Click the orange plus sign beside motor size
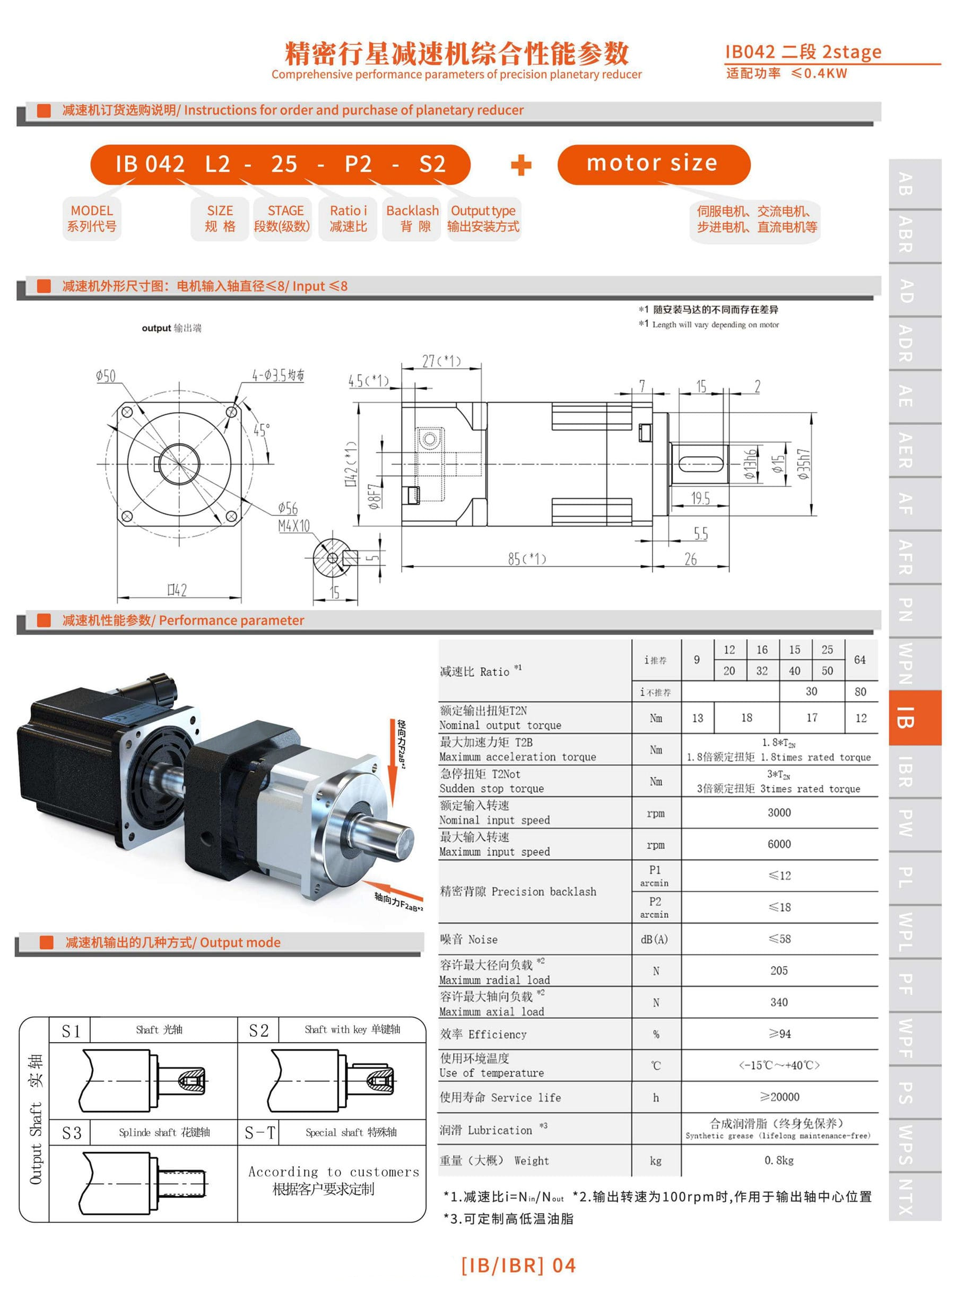521,165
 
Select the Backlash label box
412,218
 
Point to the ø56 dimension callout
288,508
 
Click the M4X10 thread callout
294,526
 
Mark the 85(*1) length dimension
527,559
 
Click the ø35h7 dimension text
804,465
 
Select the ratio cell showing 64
859,660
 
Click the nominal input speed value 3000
779,812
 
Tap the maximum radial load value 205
779,970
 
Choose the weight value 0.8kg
779,1160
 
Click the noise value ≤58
779,939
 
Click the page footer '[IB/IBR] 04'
518,1265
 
